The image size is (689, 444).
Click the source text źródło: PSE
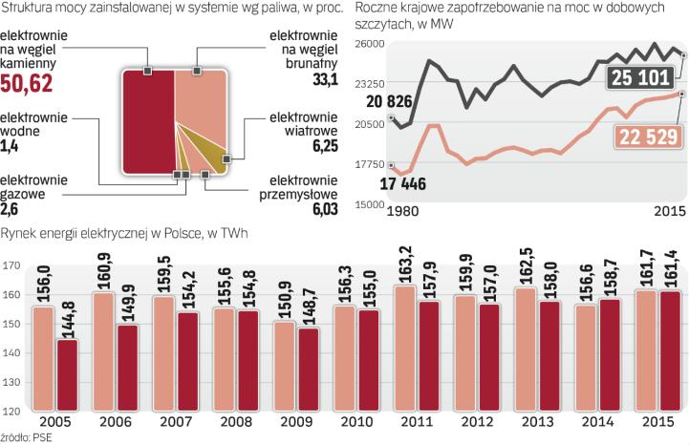click(28, 436)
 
